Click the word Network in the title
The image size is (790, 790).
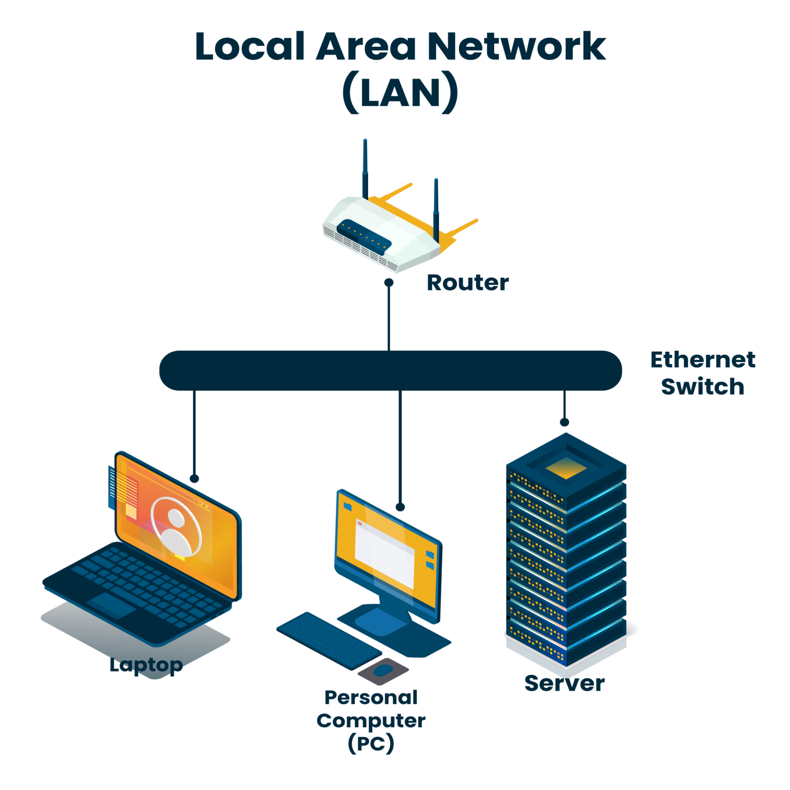[516, 47]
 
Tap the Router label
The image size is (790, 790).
[468, 283]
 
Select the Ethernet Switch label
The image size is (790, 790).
[703, 373]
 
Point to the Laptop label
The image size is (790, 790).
[146, 665]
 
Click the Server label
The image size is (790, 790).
[564, 684]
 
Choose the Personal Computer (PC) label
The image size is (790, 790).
[371, 720]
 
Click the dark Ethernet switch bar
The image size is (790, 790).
[390, 371]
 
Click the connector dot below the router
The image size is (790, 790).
[389, 282]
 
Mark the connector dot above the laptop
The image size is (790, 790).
[194, 478]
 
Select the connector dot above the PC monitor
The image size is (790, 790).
[400, 507]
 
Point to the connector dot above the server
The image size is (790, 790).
[564, 422]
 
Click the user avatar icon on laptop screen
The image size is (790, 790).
[176, 527]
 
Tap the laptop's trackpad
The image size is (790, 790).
[111, 605]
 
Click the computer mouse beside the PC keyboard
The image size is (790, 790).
[383, 670]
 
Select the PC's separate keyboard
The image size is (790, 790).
[329, 640]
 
